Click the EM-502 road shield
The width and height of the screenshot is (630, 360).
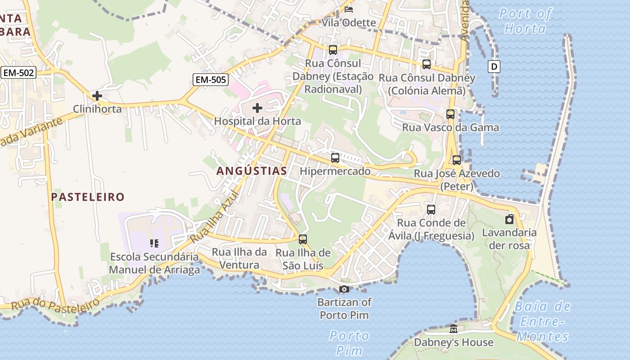(18, 72)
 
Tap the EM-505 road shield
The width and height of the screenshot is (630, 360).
(211, 80)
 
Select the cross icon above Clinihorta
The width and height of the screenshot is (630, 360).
(97, 96)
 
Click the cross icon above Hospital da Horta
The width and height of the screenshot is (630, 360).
(257, 108)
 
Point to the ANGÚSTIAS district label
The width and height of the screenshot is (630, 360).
(252, 171)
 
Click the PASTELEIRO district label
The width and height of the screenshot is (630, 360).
(87, 197)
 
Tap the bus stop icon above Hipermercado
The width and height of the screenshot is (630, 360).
(335, 158)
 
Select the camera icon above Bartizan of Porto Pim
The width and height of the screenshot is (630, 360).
(344, 289)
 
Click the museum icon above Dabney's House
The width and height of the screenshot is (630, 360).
(454, 329)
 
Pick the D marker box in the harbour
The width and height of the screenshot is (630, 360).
(494, 67)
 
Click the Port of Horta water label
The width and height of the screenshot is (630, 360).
(525, 21)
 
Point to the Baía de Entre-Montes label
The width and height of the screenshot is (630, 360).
(542, 321)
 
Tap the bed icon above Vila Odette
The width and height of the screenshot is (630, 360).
(349, 9)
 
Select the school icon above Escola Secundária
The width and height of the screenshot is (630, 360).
(154, 243)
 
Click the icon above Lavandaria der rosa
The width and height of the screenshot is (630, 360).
(509, 219)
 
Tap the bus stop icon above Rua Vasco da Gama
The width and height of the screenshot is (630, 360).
(450, 114)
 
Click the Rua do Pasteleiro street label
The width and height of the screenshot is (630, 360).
(55, 305)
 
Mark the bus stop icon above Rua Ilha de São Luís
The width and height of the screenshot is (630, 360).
(303, 239)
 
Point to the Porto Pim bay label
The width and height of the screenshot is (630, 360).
(349, 342)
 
